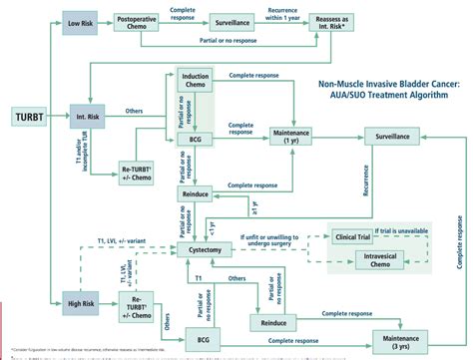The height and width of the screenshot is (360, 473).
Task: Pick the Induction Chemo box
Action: point(197,84)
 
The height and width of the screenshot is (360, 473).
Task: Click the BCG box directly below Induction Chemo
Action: point(197,140)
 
